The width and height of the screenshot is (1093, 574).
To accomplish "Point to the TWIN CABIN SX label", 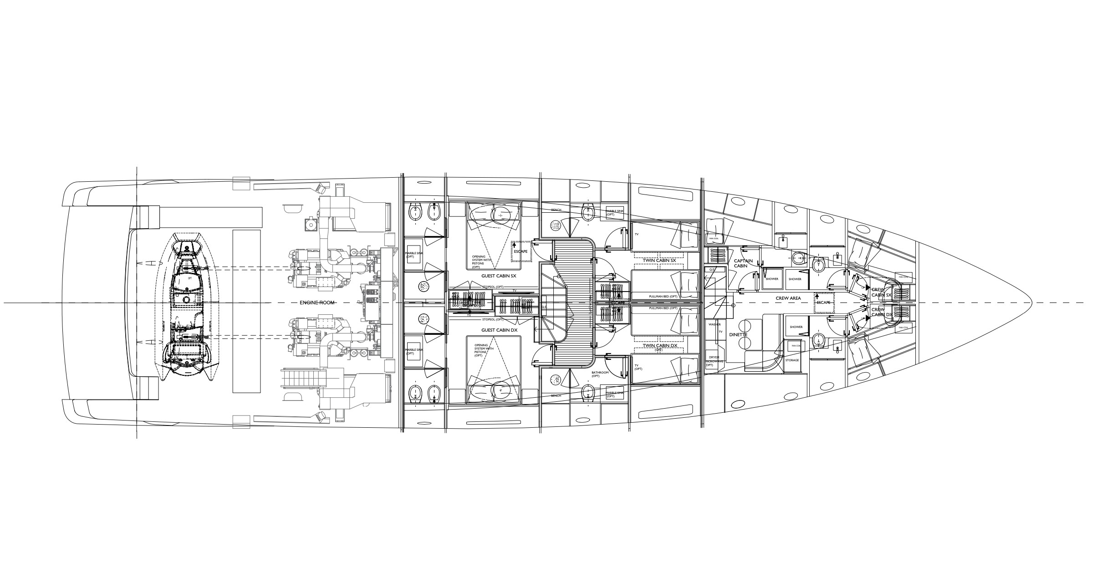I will tap(659, 260).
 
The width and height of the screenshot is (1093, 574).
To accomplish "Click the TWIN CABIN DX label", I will tap(659, 346).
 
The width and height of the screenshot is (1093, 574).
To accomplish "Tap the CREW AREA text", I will tap(788, 298).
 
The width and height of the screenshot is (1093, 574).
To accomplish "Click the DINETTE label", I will tap(738, 335).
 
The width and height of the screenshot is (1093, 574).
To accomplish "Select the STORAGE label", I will tap(792, 360).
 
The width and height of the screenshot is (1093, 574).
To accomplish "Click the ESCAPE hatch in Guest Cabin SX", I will tap(521, 251).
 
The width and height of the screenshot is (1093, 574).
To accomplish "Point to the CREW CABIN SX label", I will tap(881, 292).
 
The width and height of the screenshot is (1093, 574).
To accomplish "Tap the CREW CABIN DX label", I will tap(881, 312).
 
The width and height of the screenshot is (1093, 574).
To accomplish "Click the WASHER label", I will tap(714, 324).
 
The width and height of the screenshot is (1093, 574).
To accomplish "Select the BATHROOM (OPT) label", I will tap(600, 374).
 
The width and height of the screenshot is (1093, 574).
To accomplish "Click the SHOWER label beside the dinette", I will tap(796, 327).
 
